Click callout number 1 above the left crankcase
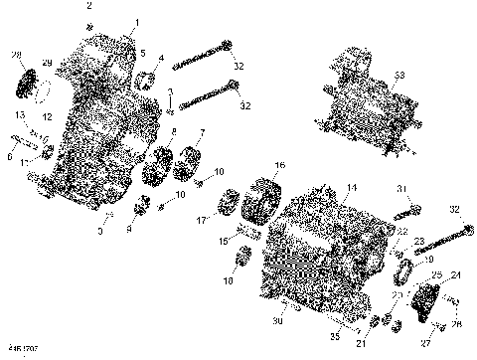136,22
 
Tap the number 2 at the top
89,7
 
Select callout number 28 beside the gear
16,54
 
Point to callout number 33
399,75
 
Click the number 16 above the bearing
279,165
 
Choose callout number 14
351,187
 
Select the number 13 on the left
19,115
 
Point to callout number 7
203,132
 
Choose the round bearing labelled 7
189,160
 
